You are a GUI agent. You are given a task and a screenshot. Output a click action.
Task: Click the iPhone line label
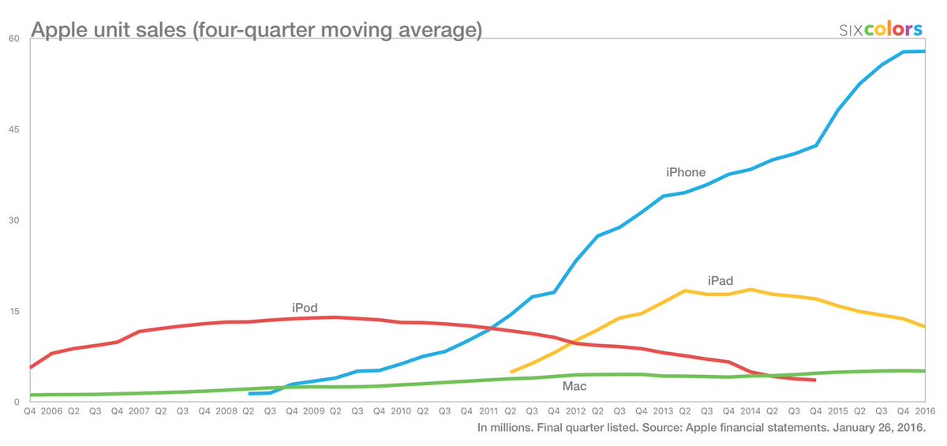tap(685, 172)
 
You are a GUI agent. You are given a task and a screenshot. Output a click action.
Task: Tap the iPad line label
tap(720, 281)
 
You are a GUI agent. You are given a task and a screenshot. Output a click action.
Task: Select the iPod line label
tap(305, 308)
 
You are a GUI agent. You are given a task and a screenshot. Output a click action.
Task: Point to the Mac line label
tap(574, 387)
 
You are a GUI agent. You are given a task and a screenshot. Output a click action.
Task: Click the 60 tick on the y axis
tap(13, 39)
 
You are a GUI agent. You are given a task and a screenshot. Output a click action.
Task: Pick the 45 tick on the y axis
tap(13, 129)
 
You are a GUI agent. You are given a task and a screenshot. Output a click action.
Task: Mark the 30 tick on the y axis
tap(13, 220)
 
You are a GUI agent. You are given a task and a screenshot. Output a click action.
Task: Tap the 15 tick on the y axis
tap(13, 311)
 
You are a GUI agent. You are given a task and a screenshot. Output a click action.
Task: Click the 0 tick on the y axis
tap(16, 402)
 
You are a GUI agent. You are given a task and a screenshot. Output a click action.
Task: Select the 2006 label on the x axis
tap(51, 412)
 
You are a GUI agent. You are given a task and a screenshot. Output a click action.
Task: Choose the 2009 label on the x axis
tap(313, 412)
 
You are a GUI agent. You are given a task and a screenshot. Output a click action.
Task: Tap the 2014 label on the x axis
tap(750, 412)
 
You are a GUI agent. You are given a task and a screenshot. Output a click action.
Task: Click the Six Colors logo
tap(881, 29)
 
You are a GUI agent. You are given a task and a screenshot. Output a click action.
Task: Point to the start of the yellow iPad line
tap(511, 372)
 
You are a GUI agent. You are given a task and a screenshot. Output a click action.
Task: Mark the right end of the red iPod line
tap(815, 380)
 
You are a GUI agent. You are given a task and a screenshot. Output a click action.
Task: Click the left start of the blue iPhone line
tap(249, 393)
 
